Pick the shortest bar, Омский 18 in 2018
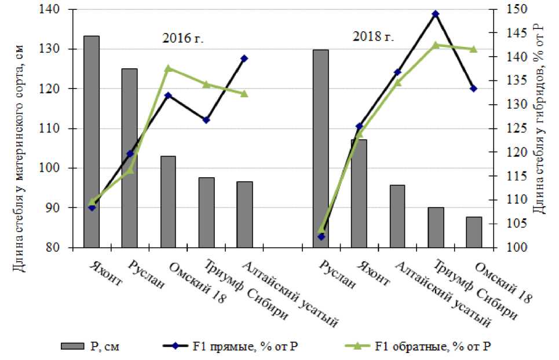474,232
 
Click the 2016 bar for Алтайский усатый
244,215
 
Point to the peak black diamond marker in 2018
436,14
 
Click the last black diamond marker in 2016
244,58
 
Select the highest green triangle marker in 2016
169,68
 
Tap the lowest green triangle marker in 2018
321,230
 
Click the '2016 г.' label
182,40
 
